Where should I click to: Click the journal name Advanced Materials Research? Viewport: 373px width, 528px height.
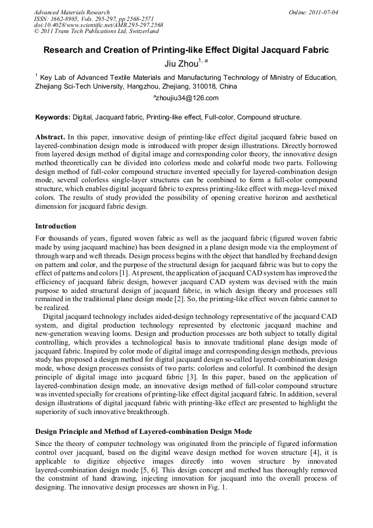pos(72,12)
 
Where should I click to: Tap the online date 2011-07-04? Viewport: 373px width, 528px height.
pos(323,12)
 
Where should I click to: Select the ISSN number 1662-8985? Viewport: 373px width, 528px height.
pos(69,19)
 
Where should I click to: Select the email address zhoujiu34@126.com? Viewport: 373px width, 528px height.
pos(186,98)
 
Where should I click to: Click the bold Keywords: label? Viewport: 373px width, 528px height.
pos(53,117)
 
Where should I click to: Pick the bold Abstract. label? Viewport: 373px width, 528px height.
pos(50,136)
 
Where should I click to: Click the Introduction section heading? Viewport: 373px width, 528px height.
pos(56,226)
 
